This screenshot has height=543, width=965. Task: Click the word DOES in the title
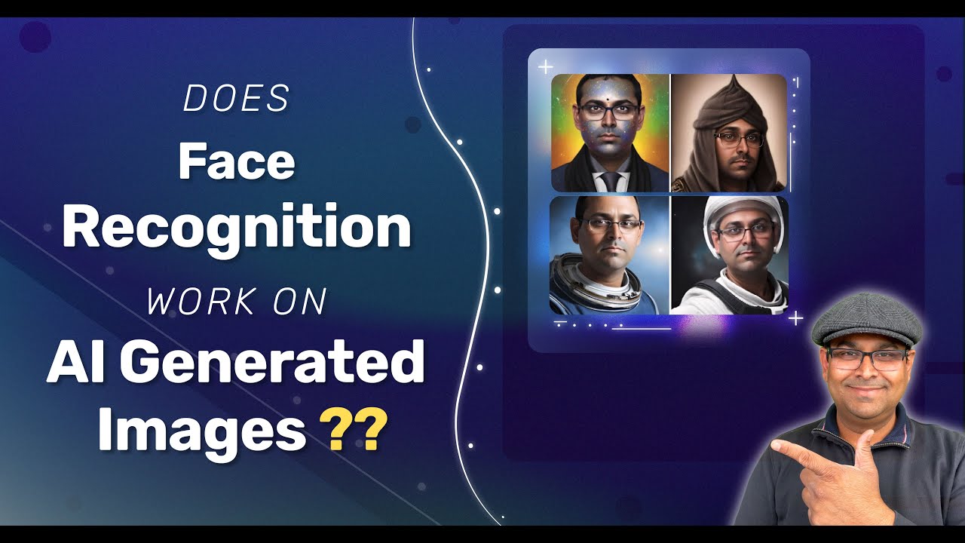click(x=237, y=98)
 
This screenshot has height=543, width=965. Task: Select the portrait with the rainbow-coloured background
click(x=610, y=133)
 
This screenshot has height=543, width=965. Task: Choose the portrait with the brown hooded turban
click(x=728, y=133)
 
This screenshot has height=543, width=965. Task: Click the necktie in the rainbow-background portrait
click(x=610, y=181)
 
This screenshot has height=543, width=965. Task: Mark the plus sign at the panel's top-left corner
click(x=545, y=67)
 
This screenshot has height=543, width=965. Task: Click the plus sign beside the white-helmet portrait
click(x=795, y=318)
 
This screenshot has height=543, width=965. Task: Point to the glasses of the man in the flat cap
click(x=867, y=359)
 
